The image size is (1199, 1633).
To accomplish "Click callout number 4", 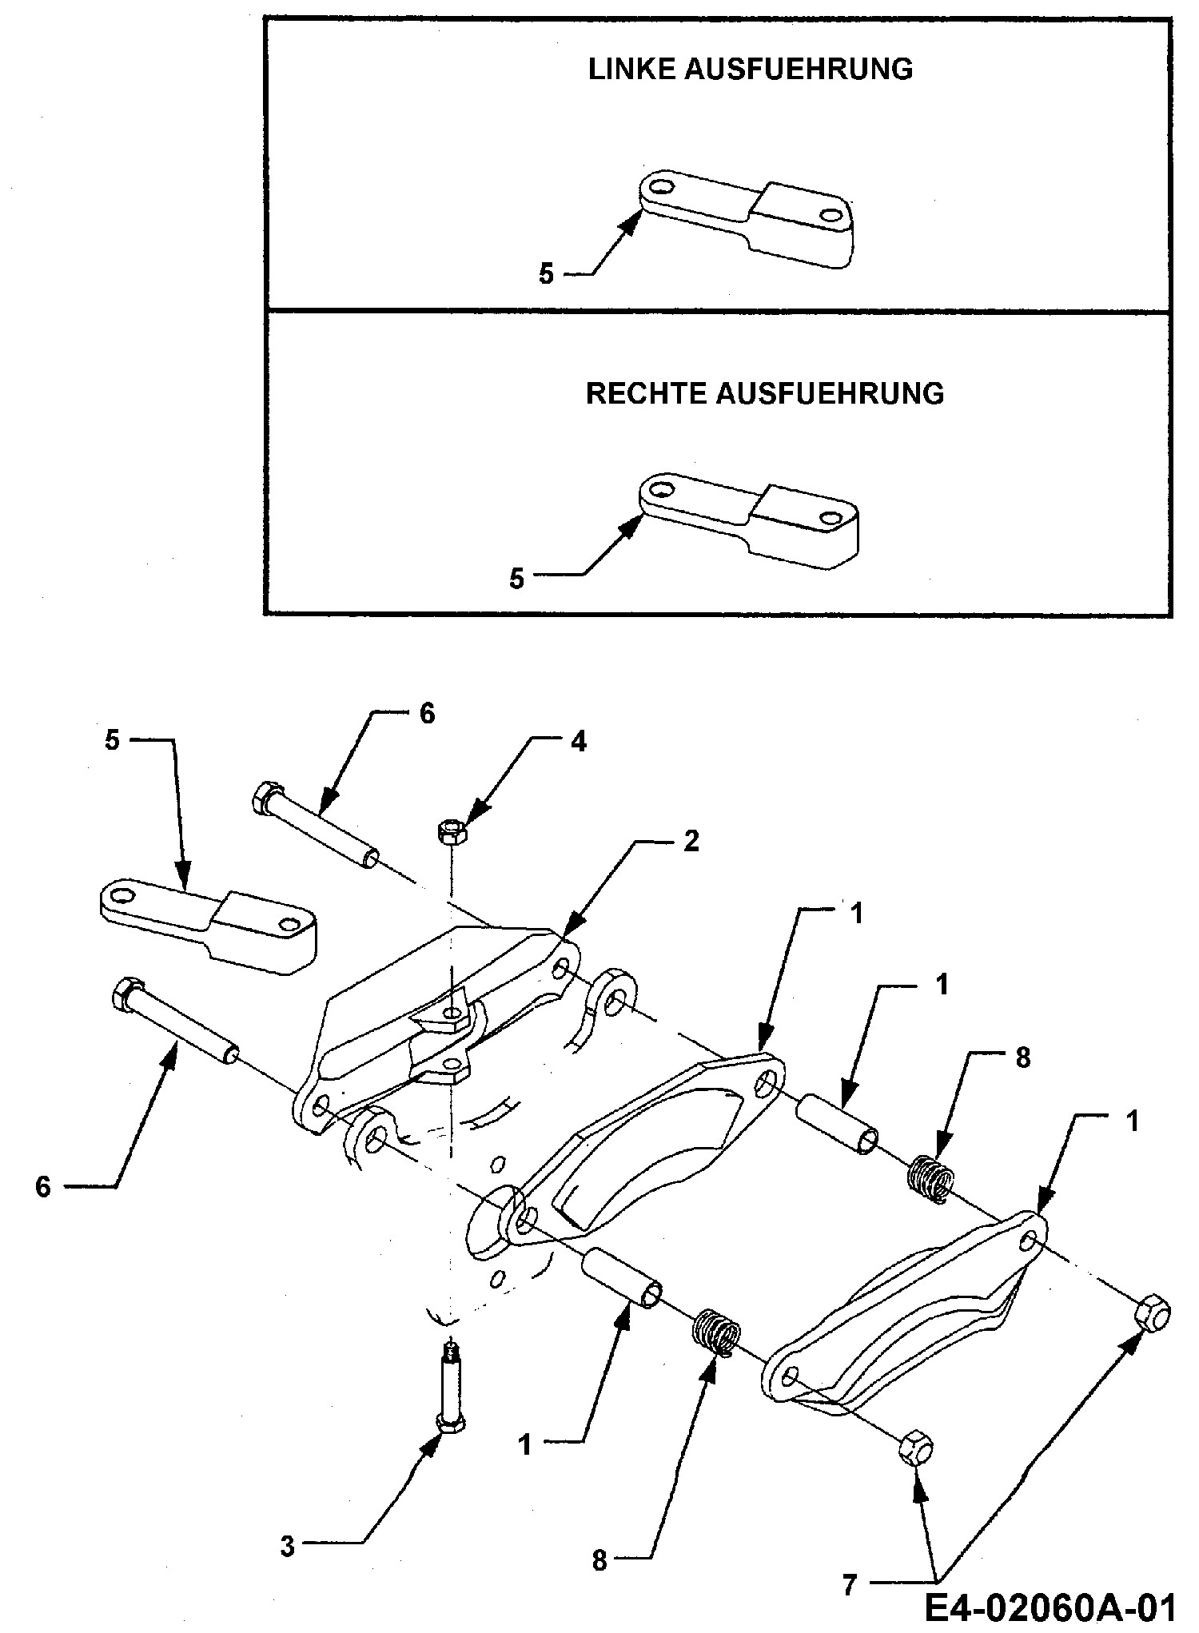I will (578, 742).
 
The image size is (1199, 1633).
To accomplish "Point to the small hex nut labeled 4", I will (448, 833).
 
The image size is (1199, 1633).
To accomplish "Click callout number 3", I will (287, 1546).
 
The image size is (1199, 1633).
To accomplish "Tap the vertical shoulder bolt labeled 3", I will (451, 1392).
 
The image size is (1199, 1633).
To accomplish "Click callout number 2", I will (691, 841).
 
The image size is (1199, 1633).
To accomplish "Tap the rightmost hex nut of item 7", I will (1152, 1312).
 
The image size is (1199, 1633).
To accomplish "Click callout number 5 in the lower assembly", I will (112, 740).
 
